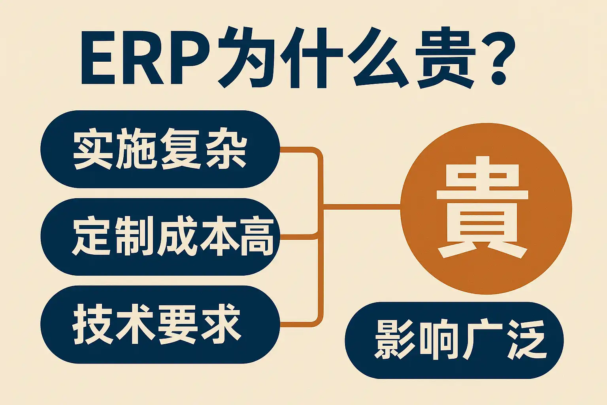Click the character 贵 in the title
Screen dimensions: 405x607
point(447,58)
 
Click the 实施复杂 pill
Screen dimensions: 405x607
point(160,149)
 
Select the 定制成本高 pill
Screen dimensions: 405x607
point(160,237)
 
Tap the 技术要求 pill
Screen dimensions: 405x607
point(160,324)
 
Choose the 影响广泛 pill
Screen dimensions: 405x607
point(454,340)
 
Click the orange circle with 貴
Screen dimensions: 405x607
point(486,208)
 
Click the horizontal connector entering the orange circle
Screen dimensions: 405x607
point(362,206)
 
